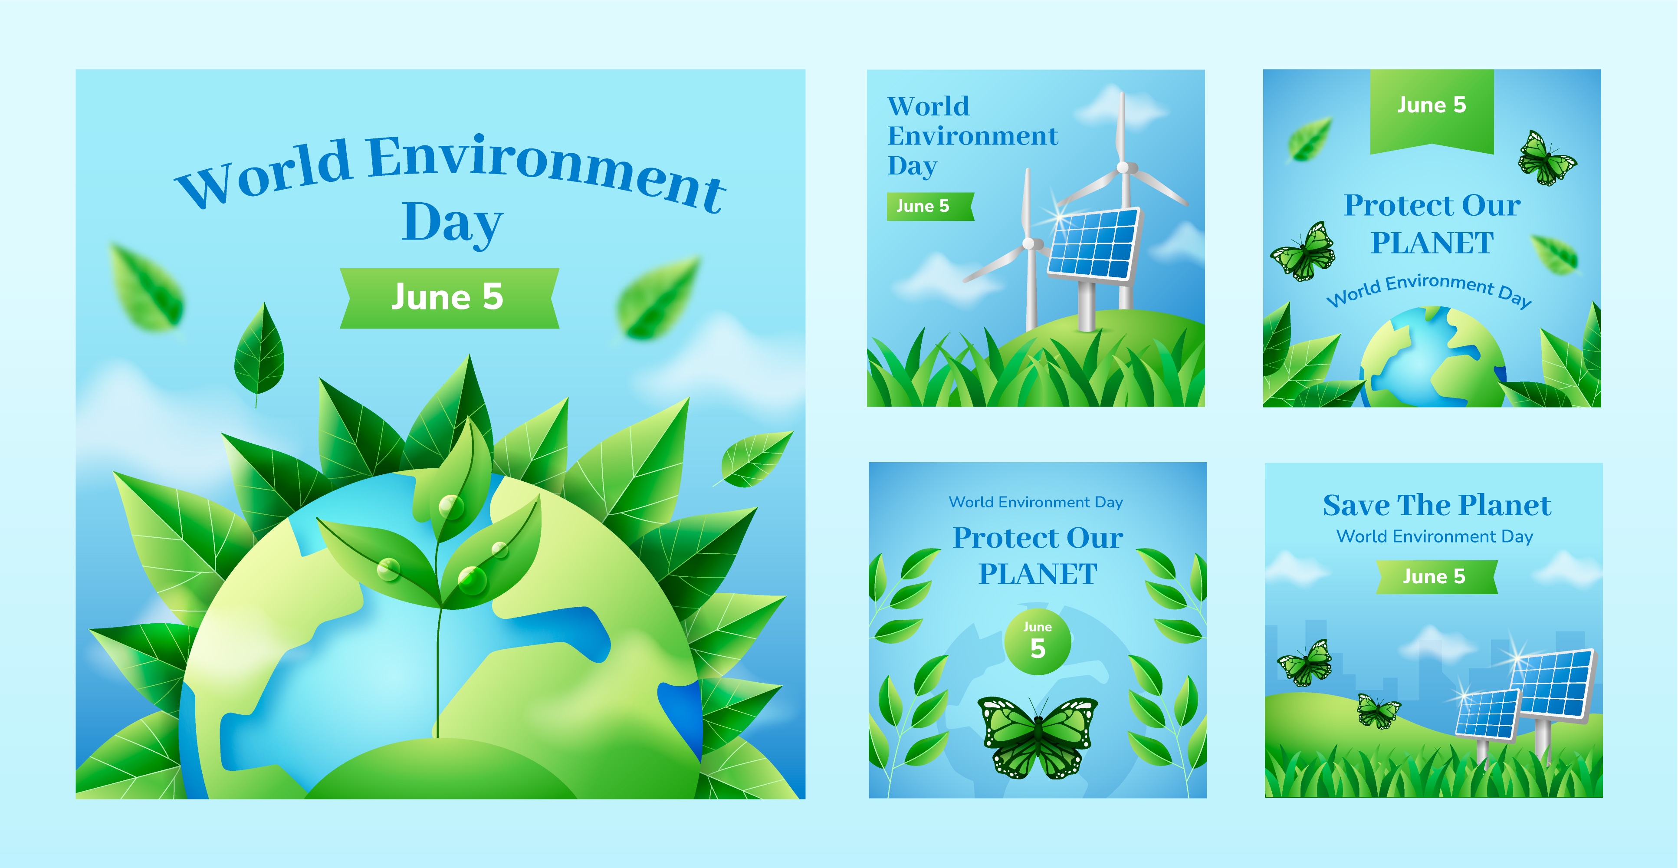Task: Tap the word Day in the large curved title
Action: [x=452, y=223]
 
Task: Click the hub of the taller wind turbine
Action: [x=1123, y=168]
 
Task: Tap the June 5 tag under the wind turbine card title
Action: [x=929, y=207]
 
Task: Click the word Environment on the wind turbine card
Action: [x=972, y=136]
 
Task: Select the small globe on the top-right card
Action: [x=1433, y=358]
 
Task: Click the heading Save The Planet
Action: [x=1437, y=505]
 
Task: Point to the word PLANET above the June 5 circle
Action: [x=1038, y=574]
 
